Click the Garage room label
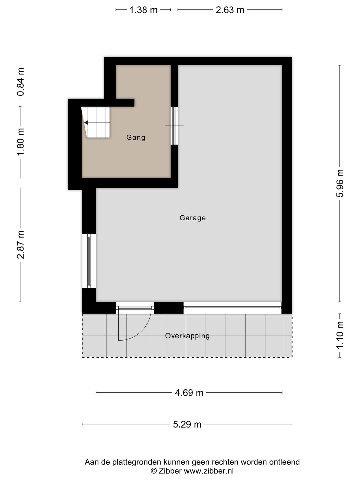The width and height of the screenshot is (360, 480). tap(193, 218)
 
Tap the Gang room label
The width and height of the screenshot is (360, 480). tap(136, 138)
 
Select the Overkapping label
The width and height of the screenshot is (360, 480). tap(187, 336)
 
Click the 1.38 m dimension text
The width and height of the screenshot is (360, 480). tap(143, 10)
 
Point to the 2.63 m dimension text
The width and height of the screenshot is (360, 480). tap(230, 10)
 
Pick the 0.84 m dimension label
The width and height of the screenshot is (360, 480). tap(21, 82)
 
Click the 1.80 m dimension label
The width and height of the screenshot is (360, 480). tap(21, 142)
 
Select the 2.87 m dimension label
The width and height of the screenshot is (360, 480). tap(21, 245)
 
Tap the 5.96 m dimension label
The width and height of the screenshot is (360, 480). tap(340, 183)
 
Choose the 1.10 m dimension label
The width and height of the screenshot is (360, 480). tap(340, 335)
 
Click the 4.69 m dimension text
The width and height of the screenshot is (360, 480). tap(189, 393)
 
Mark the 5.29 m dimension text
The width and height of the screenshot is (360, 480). tap(187, 424)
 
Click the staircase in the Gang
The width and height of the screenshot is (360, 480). tap(96, 122)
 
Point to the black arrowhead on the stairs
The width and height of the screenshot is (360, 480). tap(86, 123)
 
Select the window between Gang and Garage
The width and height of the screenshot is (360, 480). tap(174, 126)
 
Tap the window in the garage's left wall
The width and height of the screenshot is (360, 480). tap(89, 261)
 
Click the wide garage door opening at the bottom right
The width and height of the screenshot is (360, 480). tap(233, 308)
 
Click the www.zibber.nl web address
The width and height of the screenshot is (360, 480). tap(209, 471)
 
